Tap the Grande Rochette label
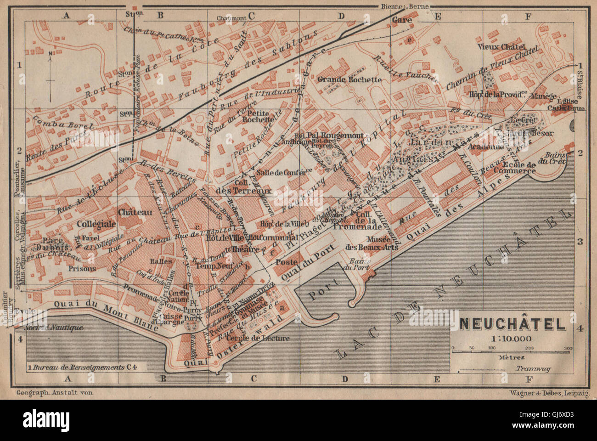(x=353, y=79)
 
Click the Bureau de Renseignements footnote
(x=86, y=367)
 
